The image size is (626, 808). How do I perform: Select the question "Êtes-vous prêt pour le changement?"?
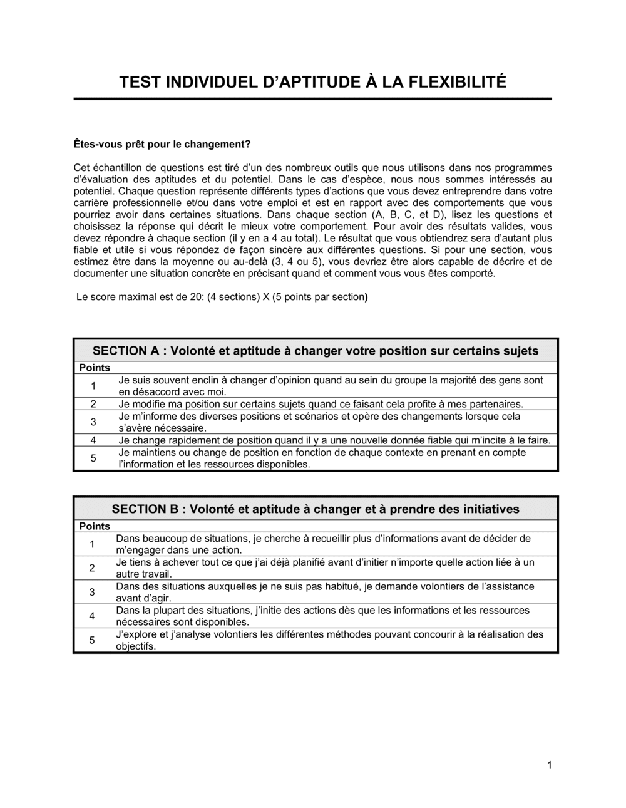(162, 144)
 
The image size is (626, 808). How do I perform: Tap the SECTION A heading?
(316, 351)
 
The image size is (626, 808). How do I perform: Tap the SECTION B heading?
(316, 509)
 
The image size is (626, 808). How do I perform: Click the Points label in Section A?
(95, 368)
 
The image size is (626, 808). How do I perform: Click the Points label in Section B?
(95, 526)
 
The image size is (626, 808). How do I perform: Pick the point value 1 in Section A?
(93, 386)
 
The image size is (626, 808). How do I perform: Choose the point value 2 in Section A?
(93, 404)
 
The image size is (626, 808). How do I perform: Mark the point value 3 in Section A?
(93, 422)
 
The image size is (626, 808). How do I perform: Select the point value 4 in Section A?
(93, 440)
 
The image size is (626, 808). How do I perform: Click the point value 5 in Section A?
(93, 458)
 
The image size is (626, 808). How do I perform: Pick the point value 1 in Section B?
(92, 544)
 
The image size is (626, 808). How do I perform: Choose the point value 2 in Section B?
(92, 568)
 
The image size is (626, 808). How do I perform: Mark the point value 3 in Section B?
(92, 592)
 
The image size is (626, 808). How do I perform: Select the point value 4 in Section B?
(92, 616)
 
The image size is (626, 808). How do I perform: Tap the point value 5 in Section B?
(92, 640)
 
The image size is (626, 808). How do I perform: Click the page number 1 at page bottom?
(549, 765)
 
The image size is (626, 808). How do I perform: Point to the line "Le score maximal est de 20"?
(222, 297)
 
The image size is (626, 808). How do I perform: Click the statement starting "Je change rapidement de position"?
(334, 440)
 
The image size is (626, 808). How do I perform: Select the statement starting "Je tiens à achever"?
(325, 568)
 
